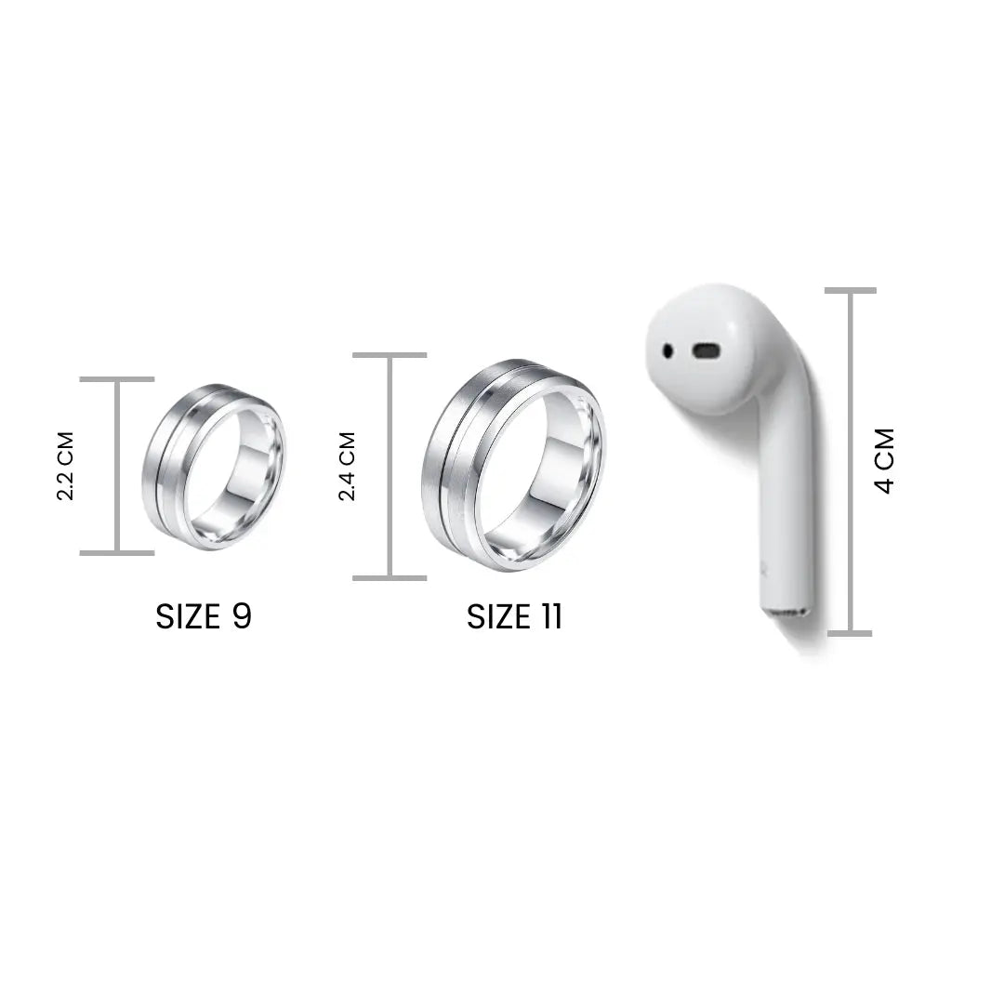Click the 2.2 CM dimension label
66,466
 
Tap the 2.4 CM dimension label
347,466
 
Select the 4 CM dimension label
884,460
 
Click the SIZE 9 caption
204,616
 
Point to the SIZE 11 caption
515,616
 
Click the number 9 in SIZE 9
242,616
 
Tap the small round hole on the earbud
667,350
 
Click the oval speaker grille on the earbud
706,350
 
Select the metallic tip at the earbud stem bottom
786,613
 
